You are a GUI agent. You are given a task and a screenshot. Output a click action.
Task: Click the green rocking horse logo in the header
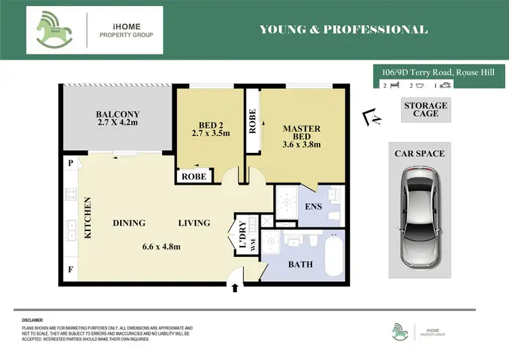pyautogui.click(x=56, y=31)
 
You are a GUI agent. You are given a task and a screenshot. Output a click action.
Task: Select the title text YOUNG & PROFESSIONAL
pyautogui.click(x=343, y=29)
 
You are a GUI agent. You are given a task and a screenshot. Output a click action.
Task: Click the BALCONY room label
pyautogui.click(x=117, y=114)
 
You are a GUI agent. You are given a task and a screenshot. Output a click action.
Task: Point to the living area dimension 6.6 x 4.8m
pyautogui.click(x=161, y=246)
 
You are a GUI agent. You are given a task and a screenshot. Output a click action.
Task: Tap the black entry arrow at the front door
pyautogui.click(x=236, y=287)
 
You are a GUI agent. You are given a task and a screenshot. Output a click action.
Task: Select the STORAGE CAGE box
pyautogui.click(x=426, y=110)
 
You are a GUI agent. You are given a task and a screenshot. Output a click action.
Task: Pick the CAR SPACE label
pyautogui.click(x=419, y=154)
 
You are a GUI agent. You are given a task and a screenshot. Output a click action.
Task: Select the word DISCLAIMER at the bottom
pyautogui.click(x=29, y=319)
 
